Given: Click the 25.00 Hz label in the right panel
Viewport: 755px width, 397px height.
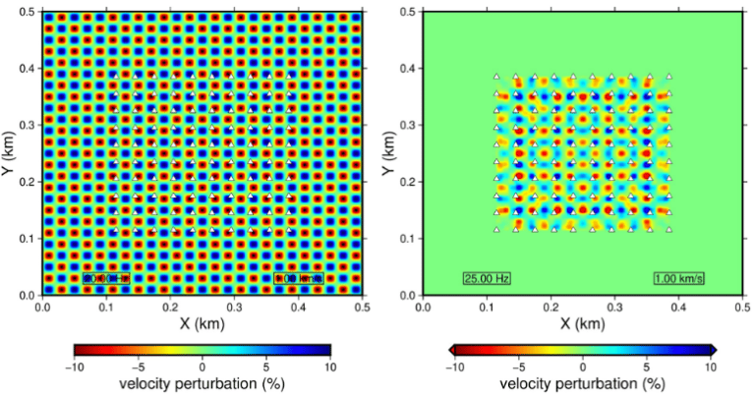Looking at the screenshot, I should click(483, 278).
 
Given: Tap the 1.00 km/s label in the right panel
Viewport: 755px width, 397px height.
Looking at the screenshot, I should click(679, 278).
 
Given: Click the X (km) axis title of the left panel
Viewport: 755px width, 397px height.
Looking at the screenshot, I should click(203, 323).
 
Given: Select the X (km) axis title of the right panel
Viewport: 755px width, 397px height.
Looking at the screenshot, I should click(582, 323).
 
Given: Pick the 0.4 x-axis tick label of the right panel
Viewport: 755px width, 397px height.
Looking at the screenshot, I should click(678, 307).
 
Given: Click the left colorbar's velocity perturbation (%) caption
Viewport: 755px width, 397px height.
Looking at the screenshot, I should click(203, 383).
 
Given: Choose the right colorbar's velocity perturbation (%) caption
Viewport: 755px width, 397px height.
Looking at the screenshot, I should click(582, 383).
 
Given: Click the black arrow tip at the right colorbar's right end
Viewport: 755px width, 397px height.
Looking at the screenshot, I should click(716, 349).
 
